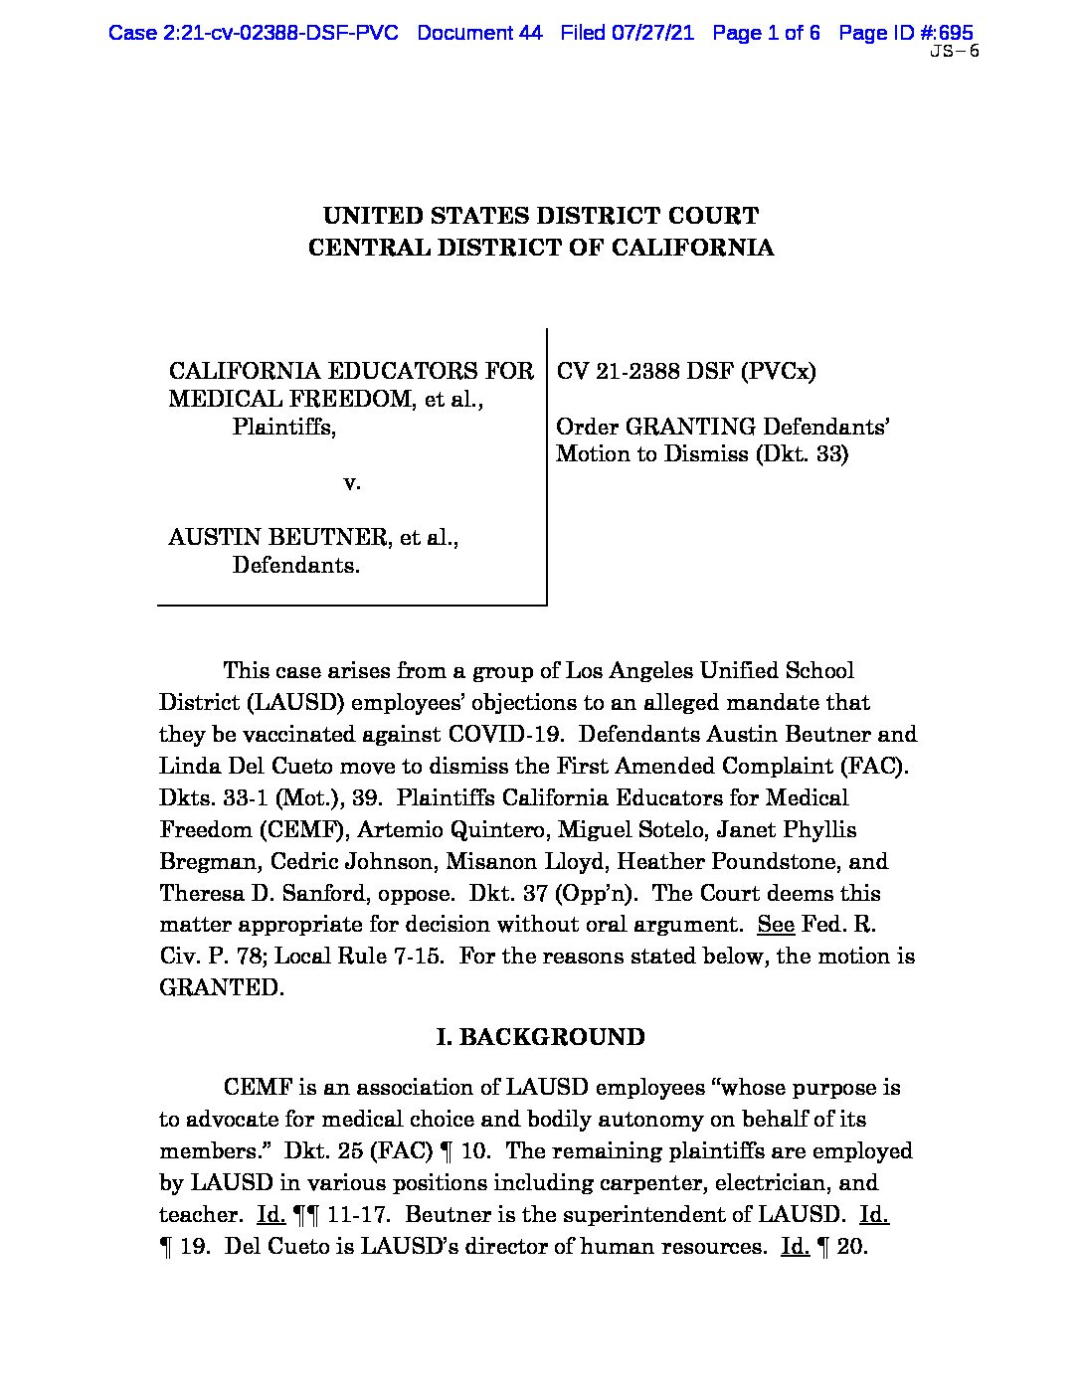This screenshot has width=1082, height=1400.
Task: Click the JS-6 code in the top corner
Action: coord(954,53)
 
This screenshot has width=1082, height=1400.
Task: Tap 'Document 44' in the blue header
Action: coord(479,33)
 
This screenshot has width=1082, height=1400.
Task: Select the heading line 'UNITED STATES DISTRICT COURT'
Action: coord(541,216)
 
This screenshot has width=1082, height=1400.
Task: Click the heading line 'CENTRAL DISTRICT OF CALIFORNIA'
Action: coord(541,248)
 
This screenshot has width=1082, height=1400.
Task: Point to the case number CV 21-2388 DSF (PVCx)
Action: coord(686,371)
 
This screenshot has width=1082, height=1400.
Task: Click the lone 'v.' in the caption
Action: coord(351,483)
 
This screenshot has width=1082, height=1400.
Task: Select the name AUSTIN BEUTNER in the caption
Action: coord(277,538)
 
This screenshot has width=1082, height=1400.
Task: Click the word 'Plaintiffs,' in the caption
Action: coord(284,427)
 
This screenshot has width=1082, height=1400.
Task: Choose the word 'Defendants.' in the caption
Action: coord(296,566)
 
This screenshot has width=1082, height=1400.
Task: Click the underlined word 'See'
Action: coord(776,925)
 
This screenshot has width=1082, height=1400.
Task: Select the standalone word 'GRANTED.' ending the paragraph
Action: coord(222,988)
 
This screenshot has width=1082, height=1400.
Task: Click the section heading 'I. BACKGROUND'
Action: coord(541,1037)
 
